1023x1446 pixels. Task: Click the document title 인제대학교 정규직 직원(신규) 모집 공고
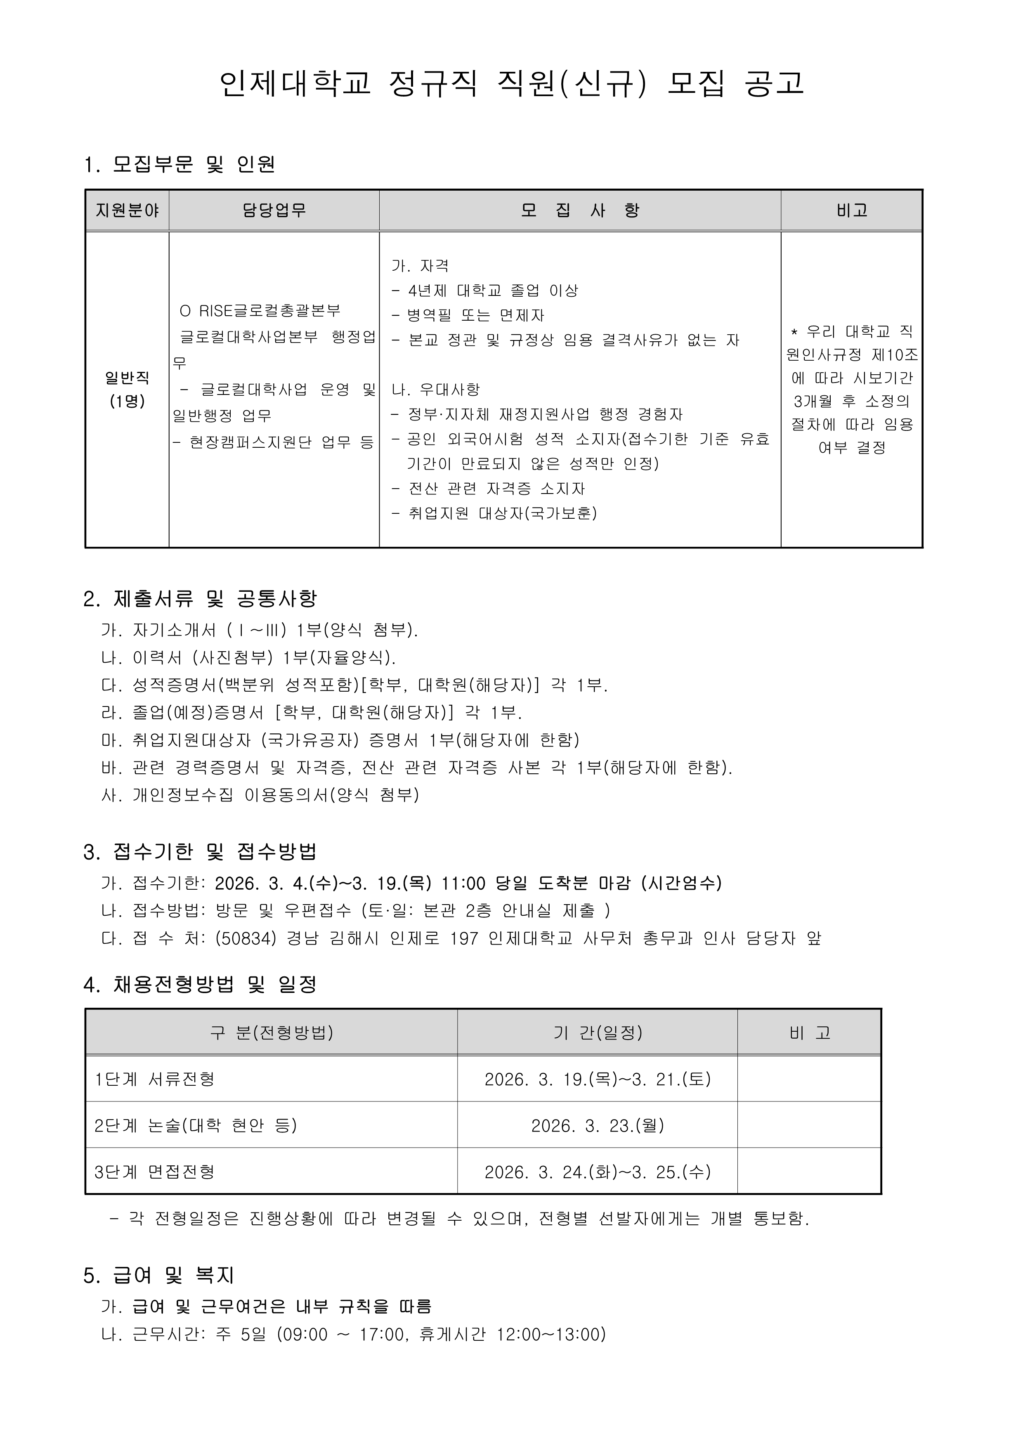coord(512,83)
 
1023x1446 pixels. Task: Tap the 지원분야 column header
coord(127,210)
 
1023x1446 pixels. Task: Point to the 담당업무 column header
coord(274,210)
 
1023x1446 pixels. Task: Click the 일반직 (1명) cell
coord(127,389)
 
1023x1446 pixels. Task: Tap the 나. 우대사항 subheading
coord(436,389)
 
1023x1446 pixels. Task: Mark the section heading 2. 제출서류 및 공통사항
coord(200,598)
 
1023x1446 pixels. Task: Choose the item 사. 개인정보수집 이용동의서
coord(260,795)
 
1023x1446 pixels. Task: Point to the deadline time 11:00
coord(463,883)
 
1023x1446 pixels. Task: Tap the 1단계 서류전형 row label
coord(155,1079)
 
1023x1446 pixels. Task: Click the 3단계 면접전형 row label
coord(155,1172)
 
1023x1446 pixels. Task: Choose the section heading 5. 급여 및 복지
coord(159,1275)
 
